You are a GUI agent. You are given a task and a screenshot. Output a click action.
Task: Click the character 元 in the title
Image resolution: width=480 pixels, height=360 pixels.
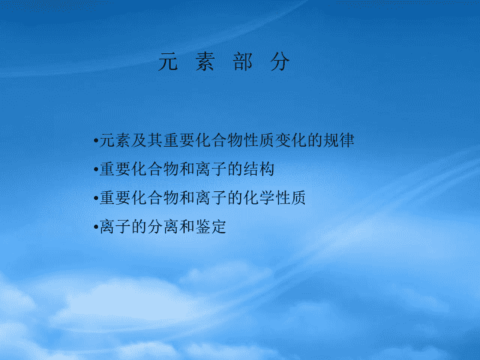tap(168, 61)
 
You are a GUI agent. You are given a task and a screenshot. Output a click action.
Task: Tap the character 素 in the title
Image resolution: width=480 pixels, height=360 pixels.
tap(205, 61)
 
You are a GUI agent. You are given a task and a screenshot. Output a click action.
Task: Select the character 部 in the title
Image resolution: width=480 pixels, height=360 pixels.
tap(243, 61)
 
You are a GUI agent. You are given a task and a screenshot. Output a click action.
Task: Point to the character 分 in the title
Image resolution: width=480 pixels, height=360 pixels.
tap(280, 61)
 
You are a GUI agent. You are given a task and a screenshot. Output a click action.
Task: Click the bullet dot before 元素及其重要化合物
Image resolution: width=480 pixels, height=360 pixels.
tap(96, 141)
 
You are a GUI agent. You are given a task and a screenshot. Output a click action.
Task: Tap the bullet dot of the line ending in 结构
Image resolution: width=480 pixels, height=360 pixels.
tap(96, 169)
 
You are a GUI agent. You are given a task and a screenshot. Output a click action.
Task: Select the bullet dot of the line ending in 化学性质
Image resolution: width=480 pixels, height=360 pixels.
tap(96, 198)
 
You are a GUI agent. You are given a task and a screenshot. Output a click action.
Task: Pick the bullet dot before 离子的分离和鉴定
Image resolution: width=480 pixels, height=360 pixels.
tap(96, 227)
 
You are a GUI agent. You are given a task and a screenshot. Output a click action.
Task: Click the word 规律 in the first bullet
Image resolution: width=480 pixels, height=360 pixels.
tap(338, 140)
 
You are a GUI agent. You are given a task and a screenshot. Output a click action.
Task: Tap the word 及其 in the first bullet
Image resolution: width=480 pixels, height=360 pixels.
tap(147, 140)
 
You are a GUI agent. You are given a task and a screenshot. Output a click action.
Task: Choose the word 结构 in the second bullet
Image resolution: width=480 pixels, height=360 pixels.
tap(259, 169)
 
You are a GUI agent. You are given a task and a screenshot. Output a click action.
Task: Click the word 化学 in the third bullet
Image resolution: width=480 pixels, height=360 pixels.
tap(259, 198)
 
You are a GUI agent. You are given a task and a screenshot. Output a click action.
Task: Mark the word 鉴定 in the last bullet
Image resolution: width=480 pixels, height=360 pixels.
tap(211, 227)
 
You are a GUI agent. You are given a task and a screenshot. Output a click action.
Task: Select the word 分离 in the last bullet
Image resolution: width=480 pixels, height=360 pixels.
tap(163, 227)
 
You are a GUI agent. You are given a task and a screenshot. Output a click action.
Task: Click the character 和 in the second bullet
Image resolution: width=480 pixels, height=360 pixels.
tap(187, 169)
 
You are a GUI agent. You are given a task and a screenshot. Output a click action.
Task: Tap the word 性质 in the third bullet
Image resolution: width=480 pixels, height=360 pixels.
tap(291, 198)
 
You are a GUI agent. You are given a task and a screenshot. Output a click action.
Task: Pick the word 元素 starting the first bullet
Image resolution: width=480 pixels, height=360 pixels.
tap(115, 140)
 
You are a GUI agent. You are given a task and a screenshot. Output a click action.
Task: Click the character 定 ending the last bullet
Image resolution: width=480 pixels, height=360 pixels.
tap(219, 227)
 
